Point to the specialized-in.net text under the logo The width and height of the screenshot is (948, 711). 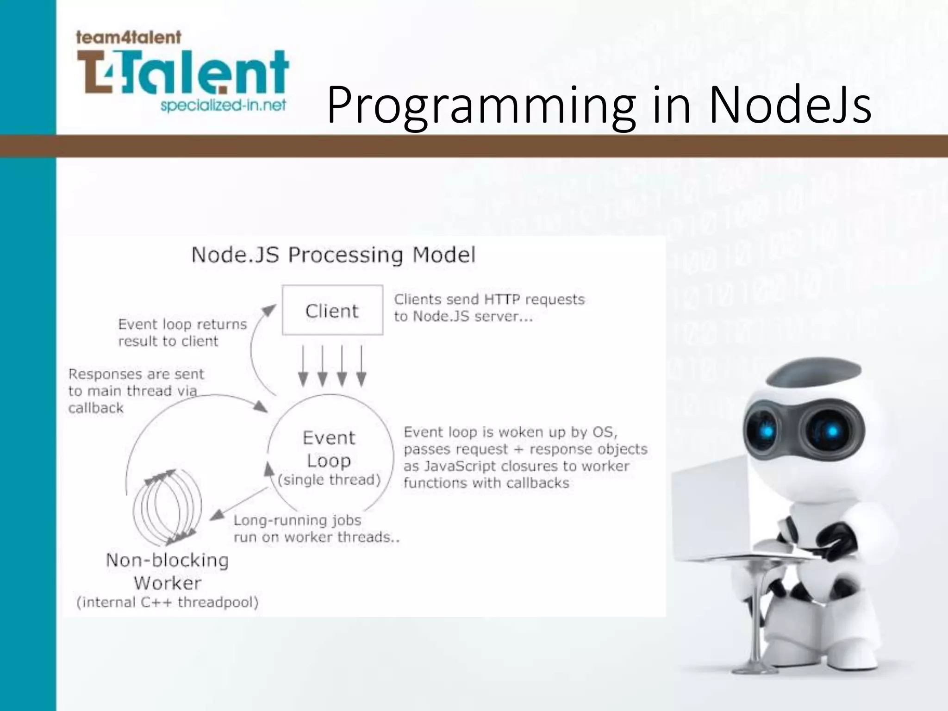pyautogui.click(x=223, y=106)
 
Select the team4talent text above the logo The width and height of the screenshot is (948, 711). pyautogui.click(x=128, y=37)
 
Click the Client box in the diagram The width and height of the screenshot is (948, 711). pyautogui.click(x=332, y=310)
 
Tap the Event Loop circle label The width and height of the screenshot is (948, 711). pyautogui.click(x=329, y=449)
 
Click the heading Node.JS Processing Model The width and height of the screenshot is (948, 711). pyautogui.click(x=333, y=255)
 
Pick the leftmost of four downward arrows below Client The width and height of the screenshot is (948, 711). pyautogui.click(x=303, y=366)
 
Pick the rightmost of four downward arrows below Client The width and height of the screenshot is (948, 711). pyautogui.click(x=362, y=366)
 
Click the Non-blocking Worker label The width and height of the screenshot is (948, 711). pyautogui.click(x=168, y=571)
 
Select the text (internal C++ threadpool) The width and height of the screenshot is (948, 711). pyautogui.click(x=168, y=602)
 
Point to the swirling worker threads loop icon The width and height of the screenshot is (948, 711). pyautogui.click(x=168, y=507)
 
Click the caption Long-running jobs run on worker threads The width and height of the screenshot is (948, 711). pyautogui.click(x=316, y=529)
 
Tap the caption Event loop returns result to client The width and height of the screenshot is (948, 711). pyautogui.click(x=182, y=332)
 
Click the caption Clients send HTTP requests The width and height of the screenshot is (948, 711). pyautogui.click(x=489, y=308)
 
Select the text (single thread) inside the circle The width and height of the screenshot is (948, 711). pyautogui.click(x=329, y=480)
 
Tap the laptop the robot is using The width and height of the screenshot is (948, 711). pyautogui.click(x=711, y=509)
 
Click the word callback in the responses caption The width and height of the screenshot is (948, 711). pyautogui.click(x=96, y=408)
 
